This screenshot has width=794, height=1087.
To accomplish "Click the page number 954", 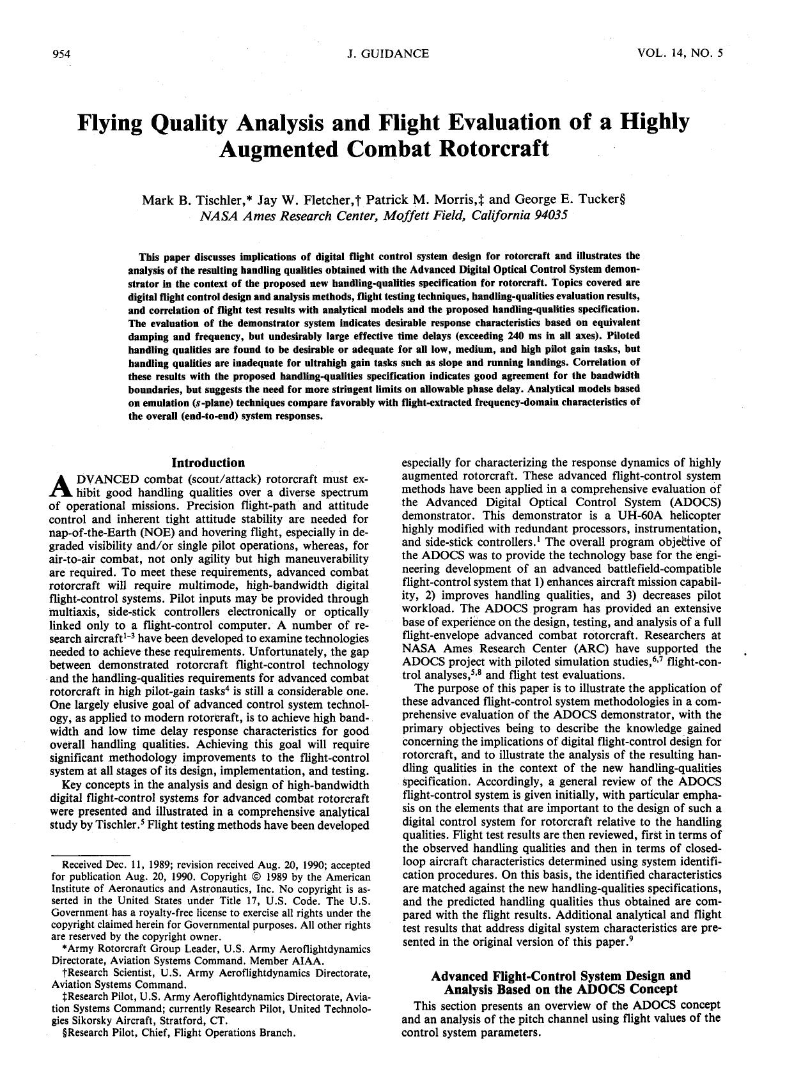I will pyautogui.click(x=61, y=54).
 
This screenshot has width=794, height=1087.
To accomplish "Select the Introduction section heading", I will pyautogui.click(x=208, y=463).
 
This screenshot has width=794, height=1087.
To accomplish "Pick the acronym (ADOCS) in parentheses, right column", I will pyautogui.click(x=694, y=502).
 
